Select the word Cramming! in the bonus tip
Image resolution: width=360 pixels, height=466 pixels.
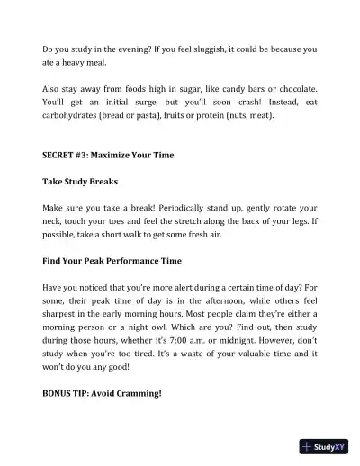(x=135, y=393)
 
